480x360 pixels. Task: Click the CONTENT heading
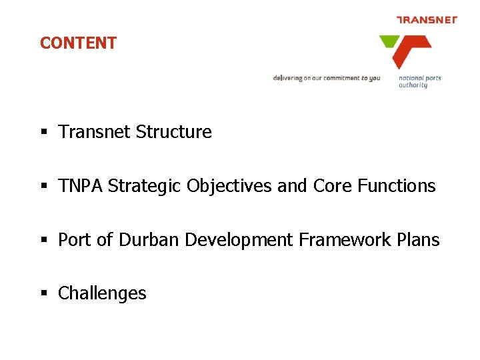point(78,43)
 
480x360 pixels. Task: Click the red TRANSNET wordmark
point(427,19)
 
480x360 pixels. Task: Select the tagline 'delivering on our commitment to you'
point(326,78)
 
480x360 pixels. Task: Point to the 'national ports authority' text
point(419,81)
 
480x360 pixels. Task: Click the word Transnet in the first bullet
point(95,132)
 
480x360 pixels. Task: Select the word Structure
point(173,132)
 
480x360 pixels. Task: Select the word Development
point(239,240)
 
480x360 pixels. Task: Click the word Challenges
point(102,293)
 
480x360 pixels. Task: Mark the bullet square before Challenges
point(43,294)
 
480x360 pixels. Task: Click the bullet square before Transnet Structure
point(43,133)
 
